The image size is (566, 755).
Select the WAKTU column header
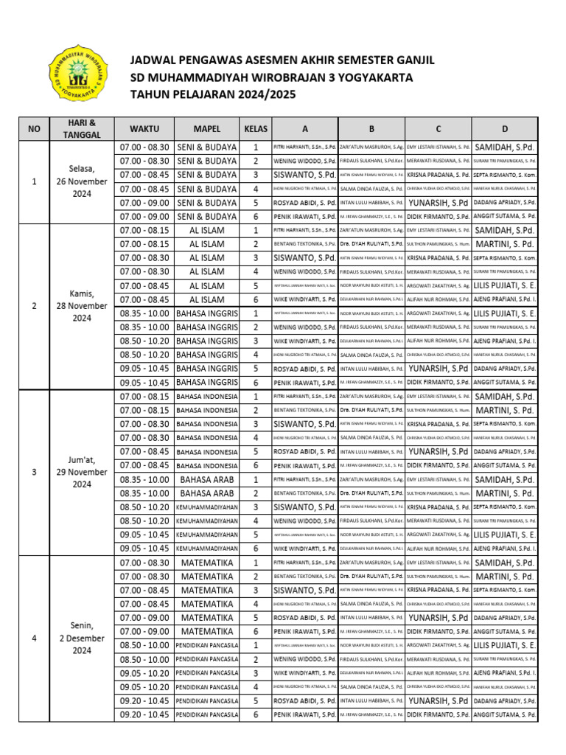point(144,129)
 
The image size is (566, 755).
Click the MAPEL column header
point(206,129)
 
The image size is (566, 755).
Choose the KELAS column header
point(256,129)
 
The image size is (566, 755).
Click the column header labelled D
point(505,129)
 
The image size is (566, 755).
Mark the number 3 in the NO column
point(34,472)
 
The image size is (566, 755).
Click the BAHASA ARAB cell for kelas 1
point(206,479)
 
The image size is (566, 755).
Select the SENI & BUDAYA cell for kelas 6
point(206,217)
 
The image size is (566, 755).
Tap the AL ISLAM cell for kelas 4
point(206,272)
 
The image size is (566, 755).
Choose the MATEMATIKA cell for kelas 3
point(206,590)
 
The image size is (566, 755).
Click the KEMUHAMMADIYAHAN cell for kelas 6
point(206,549)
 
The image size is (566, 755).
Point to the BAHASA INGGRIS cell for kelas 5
point(206,369)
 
